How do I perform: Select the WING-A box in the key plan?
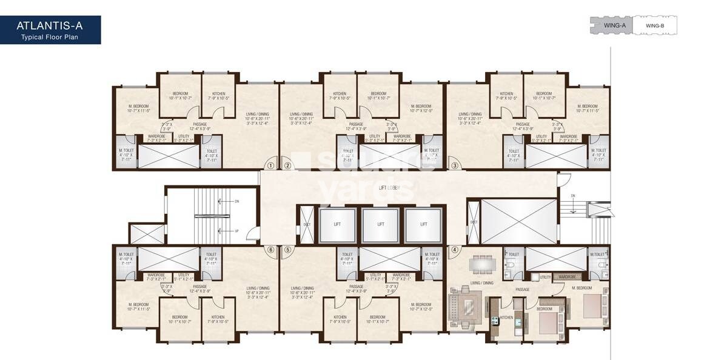tap(611, 25)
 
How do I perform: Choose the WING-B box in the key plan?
tap(655, 25)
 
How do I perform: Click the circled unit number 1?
tap(271, 165)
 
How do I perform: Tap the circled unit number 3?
tap(454, 165)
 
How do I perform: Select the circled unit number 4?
tap(454, 249)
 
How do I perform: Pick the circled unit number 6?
tap(271, 249)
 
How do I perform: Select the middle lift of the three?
tap(380, 224)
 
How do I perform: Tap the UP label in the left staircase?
tap(236, 231)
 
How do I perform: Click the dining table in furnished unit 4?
tap(482, 263)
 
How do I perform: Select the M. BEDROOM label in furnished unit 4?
tap(580, 287)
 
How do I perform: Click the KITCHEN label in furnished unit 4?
tap(506, 317)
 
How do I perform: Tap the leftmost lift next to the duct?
tap(337, 224)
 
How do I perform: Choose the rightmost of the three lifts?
tap(423, 224)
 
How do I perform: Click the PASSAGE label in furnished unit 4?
tap(523, 289)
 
